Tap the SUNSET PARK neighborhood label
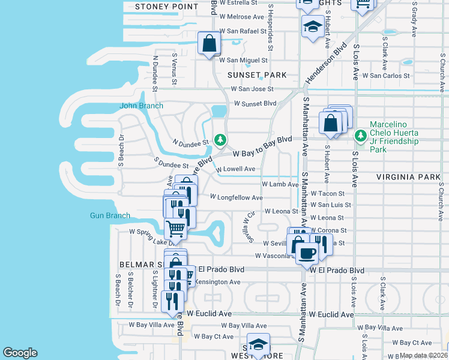click(257, 75)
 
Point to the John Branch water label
click(142, 106)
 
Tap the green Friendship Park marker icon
click(360, 136)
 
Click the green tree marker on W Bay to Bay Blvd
click(220, 140)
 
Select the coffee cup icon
click(306, 252)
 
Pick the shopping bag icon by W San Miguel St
click(209, 44)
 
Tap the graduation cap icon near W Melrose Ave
click(312, 26)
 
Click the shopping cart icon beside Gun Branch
click(175, 229)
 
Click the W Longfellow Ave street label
click(237, 197)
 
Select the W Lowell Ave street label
click(237, 169)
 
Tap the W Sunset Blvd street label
click(255, 103)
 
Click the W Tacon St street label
click(328, 194)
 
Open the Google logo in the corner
click(20, 353)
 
